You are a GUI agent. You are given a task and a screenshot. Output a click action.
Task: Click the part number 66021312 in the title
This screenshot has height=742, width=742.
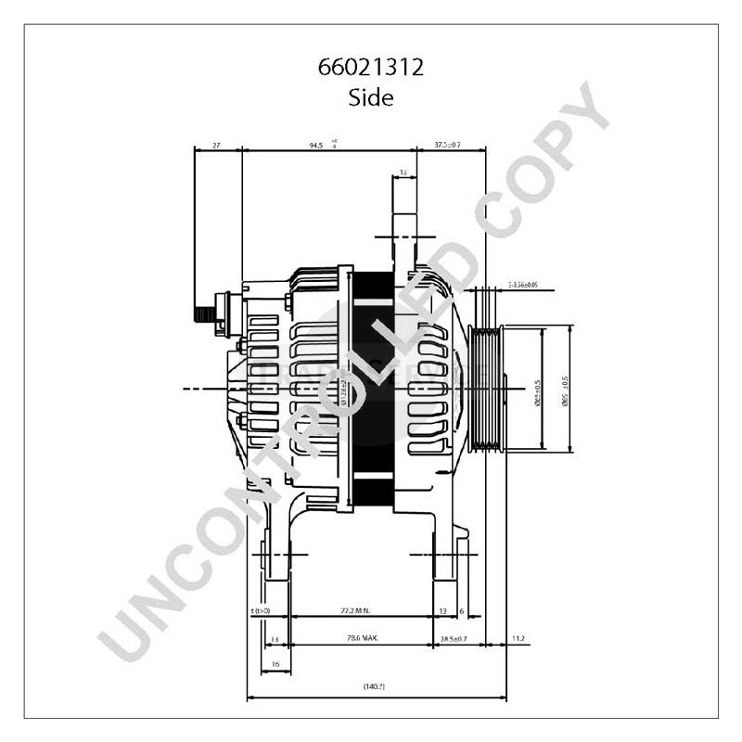[370, 69]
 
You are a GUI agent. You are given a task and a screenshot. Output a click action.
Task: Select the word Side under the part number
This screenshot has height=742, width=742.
[370, 97]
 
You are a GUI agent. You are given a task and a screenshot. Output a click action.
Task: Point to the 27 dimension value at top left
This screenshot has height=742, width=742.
[216, 145]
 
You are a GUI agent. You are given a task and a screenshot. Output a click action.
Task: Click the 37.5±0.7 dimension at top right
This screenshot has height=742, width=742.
[448, 145]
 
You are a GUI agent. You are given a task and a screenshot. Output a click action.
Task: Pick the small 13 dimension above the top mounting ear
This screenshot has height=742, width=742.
[403, 173]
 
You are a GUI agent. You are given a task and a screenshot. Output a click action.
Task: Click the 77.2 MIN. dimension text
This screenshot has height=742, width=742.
[355, 611]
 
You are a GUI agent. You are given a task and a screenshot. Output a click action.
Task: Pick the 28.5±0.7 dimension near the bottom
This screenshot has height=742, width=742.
[453, 639]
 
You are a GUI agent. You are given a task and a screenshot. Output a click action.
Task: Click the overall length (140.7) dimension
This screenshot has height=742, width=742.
[376, 686]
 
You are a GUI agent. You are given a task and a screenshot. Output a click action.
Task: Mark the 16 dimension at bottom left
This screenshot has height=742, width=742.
[275, 664]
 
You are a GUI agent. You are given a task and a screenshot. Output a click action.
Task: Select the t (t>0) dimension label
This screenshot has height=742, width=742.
[261, 611]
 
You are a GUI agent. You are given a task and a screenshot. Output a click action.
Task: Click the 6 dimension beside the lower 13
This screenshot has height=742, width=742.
[462, 611]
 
